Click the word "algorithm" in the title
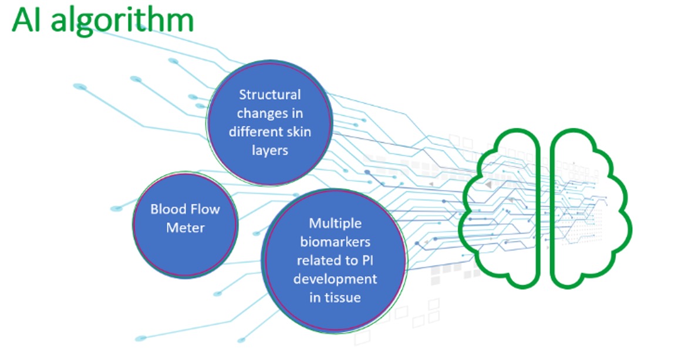pos(122,21)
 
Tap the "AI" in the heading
pos(28,19)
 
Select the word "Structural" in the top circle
pos(270,94)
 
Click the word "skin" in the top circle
pos(299,131)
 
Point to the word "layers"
pos(270,151)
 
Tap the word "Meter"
pos(185,228)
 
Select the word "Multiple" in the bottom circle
pos(335,224)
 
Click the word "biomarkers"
pos(335,242)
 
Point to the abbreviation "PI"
pos(367,260)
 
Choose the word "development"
pos(335,279)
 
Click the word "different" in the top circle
pos(255,131)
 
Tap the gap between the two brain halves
pos(545,207)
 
